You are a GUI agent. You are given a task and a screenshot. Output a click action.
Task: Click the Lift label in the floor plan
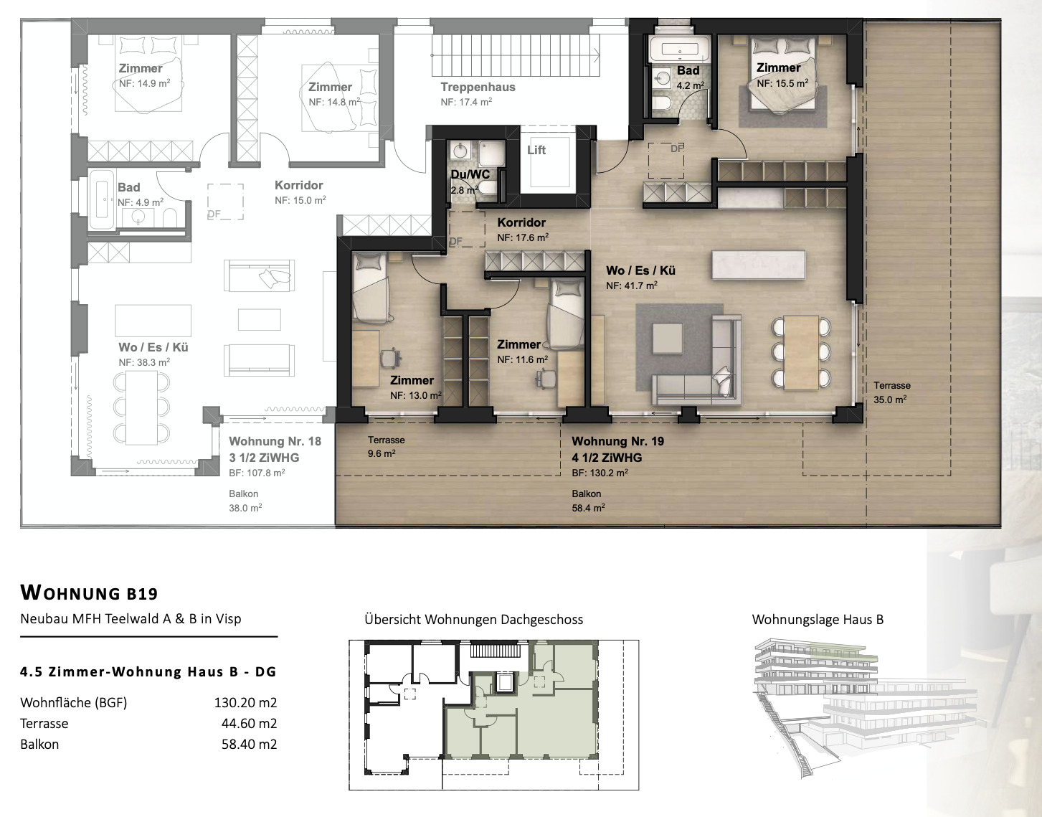tap(536, 150)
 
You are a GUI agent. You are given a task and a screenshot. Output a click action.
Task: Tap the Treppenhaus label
tap(478, 88)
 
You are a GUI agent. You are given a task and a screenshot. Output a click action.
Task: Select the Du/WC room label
tap(470, 174)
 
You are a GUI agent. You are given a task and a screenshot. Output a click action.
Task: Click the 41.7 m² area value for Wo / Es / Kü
tap(632, 285)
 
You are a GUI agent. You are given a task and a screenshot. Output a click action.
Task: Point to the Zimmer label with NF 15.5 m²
tap(778, 68)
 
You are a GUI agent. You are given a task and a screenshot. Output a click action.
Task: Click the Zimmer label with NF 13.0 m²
tap(412, 380)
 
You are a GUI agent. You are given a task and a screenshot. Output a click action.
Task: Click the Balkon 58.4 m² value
tap(588, 508)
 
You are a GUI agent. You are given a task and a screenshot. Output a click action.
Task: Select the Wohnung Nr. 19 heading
tap(617, 441)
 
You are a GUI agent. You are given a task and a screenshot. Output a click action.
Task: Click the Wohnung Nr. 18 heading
tap(275, 441)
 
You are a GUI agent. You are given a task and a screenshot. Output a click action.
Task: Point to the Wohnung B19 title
tap(89, 592)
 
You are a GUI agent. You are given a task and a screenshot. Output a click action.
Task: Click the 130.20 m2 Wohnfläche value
tap(245, 702)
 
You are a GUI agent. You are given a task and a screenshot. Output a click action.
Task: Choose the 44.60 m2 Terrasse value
tap(249, 723)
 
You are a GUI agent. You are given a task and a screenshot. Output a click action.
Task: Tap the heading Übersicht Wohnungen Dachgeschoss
tap(473, 619)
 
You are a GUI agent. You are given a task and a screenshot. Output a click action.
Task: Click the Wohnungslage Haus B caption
tap(818, 619)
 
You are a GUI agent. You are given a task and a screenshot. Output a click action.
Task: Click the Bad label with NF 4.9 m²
tap(129, 188)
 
